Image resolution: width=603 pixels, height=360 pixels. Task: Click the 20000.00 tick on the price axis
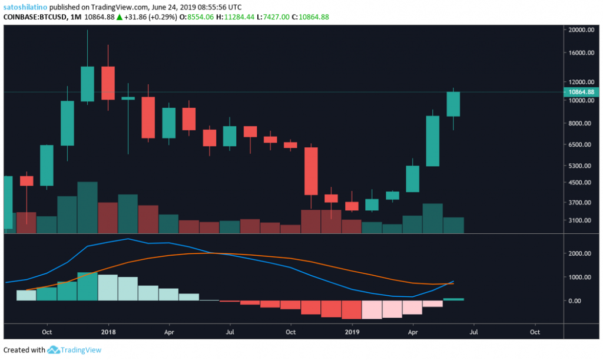[580, 30]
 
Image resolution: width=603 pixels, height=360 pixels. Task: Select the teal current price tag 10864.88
[581, 92]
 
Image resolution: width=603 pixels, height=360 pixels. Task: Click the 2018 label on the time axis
[108, 332]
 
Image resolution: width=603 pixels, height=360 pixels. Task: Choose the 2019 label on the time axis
[352, 332]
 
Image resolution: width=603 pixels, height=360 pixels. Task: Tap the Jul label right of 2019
[473, 332]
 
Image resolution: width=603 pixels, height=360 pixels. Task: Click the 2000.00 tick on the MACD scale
[579, 253]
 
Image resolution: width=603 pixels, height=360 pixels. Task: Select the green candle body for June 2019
[453, 104]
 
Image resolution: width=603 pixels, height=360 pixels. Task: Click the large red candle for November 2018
[311, 171]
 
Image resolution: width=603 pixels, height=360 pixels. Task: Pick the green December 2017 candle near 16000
[87, 84]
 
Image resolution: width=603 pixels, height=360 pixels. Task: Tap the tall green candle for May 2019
[433, 141]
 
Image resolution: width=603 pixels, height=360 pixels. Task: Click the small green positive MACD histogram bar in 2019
[453, 299]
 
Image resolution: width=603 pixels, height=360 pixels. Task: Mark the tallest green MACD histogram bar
[87, 286]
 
